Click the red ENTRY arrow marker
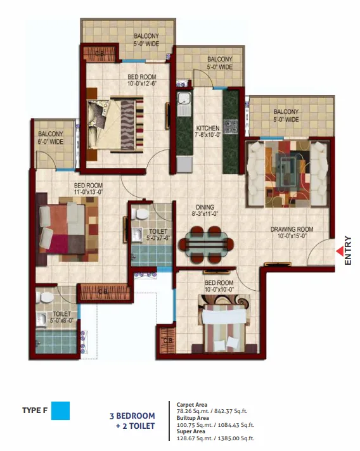click(340, 251)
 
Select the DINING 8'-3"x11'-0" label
click(205, 210)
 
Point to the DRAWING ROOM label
click(292, 229)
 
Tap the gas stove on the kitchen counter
click(231, 126)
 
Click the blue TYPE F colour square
click(60, 410)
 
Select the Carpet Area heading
click(191, 405)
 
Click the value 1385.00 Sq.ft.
click(236, 438)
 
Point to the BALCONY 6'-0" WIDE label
click(51, 137)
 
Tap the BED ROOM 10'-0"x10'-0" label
click(219, 286)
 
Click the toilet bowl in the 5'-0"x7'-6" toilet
click(140, 213)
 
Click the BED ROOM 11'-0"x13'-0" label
click(88, 189)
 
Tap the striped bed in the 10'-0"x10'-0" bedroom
click(224, 327)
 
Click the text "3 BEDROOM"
click(132, 416)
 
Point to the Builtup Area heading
click(193, 418)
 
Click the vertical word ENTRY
click(348, 251)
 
